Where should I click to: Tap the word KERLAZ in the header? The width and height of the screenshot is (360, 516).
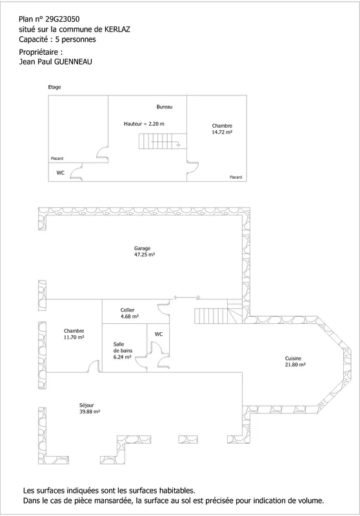click(x=117, y=29)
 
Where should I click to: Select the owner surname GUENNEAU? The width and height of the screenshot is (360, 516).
click(x=73, y=61)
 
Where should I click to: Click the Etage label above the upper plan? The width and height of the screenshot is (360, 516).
click(x=54, y=87)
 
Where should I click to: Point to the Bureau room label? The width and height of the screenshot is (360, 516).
click(x=165, y=107)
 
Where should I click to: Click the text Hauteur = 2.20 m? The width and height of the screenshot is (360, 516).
click(x=144, y=124)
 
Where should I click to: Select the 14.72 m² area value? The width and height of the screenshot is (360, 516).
click(x=222, y=132)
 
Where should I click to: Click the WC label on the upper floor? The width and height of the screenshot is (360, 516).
click(x=61, y=173)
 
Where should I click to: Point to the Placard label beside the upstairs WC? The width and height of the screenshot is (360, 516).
click(x=57, y=159)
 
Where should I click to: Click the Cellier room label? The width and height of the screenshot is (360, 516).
click(x=127, y=310)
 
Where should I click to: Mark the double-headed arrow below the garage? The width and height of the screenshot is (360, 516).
click(x=187, y=297)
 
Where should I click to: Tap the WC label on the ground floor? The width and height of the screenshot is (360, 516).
click(x=159, y=334)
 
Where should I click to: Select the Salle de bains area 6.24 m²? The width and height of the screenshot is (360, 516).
click(x=123, y=357)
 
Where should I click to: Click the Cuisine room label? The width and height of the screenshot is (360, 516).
click(x=293, y=359)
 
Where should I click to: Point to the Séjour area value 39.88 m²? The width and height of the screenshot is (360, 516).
click(x=90, y=412)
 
